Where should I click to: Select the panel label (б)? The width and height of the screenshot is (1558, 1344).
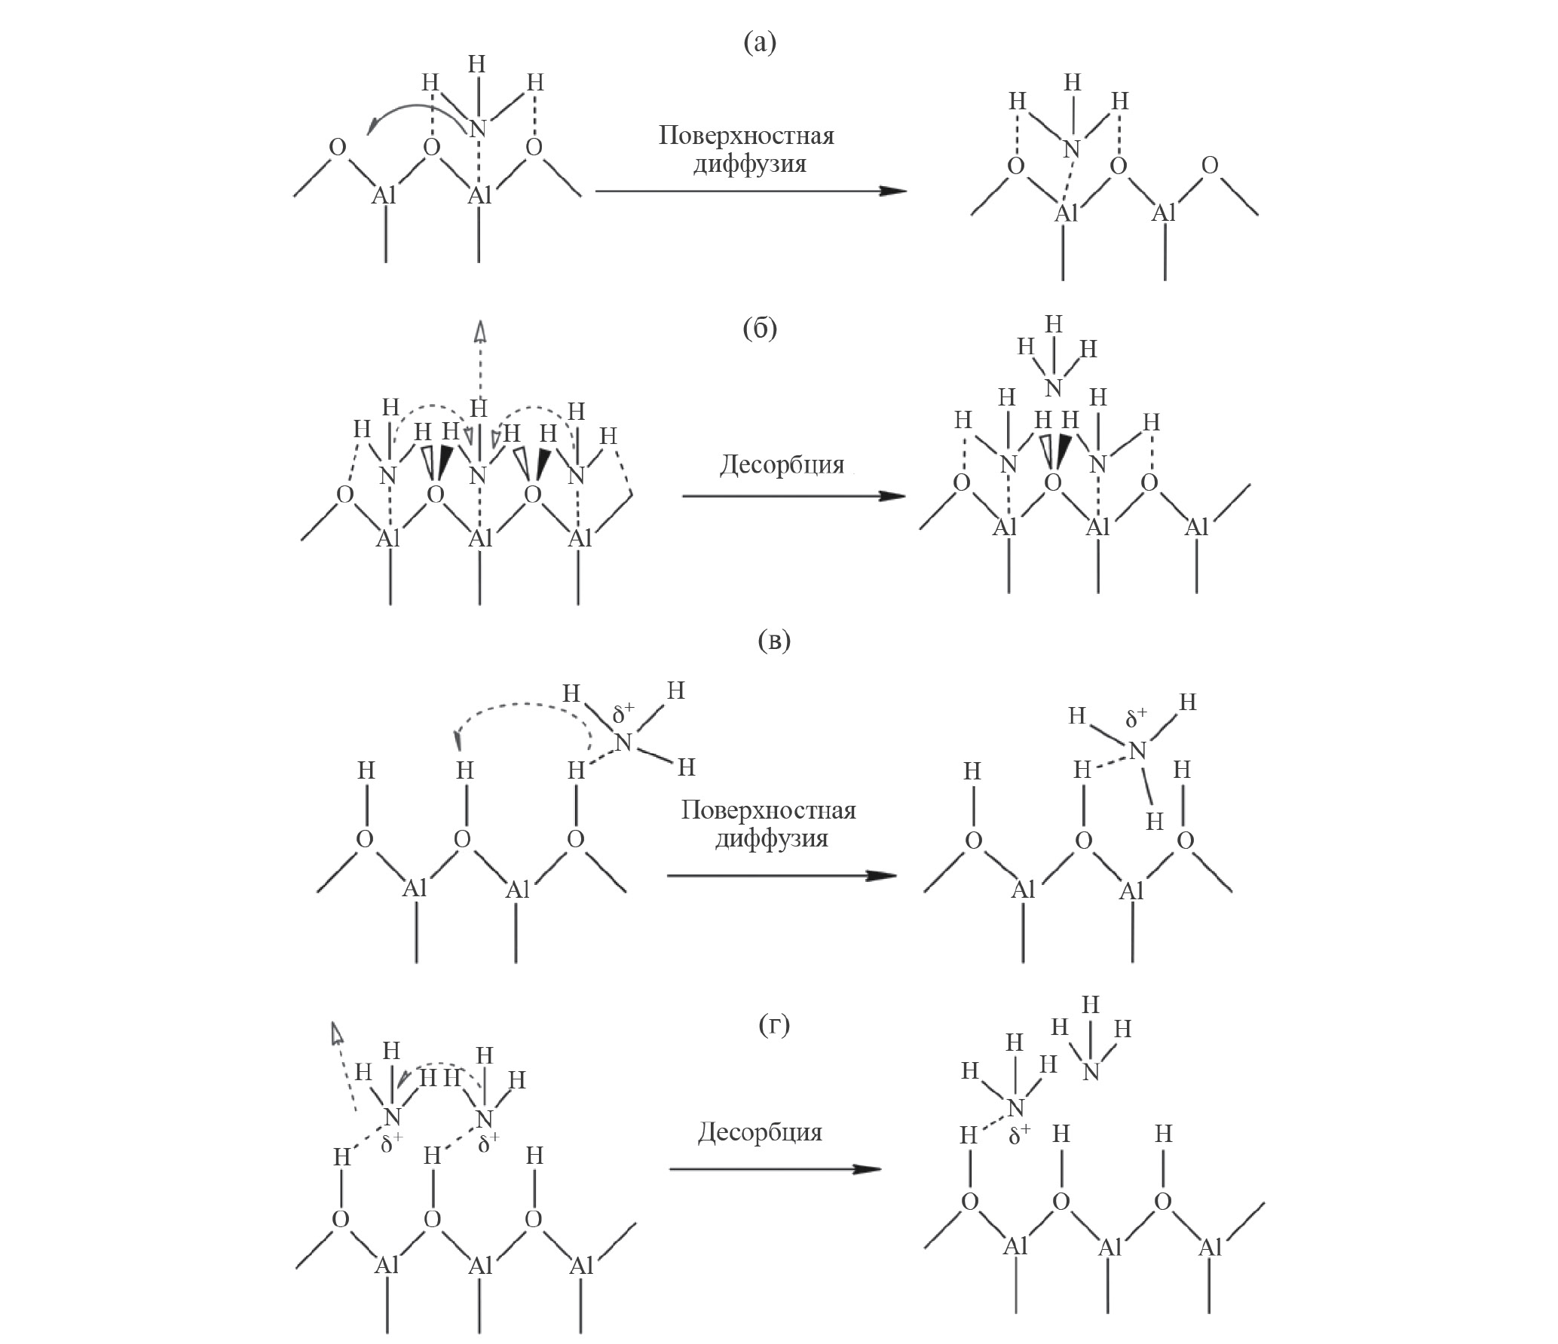pyautogui.click(x=759, y=329)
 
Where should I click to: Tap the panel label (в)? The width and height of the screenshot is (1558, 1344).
pyautogui.click(x=774, y=641)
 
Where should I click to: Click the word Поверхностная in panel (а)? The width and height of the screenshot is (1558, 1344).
pyautogui.click(x=746, y=136)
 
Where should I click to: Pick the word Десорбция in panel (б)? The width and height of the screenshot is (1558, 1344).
pyautogui.click(x=782, y=464)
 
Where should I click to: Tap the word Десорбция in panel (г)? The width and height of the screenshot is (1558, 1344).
pyautogui.click(x=760, y=1131)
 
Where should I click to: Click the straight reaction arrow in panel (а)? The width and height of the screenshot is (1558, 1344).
pyautogui.click(x=751, y=191)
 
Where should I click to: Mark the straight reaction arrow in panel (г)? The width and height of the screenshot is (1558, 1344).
pyautogui.click(x=775, y=1169)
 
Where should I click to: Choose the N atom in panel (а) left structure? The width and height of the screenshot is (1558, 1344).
pyautogui.click(x=476, y=129)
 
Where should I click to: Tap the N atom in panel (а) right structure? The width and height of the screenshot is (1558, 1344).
pyautogui.click(x=1071, y=149)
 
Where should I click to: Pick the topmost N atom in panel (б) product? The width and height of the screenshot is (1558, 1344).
pyautogui.click(x=1053, y=387)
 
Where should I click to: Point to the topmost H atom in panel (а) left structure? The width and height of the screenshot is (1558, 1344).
pyautogui.click(x=476, y=64)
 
